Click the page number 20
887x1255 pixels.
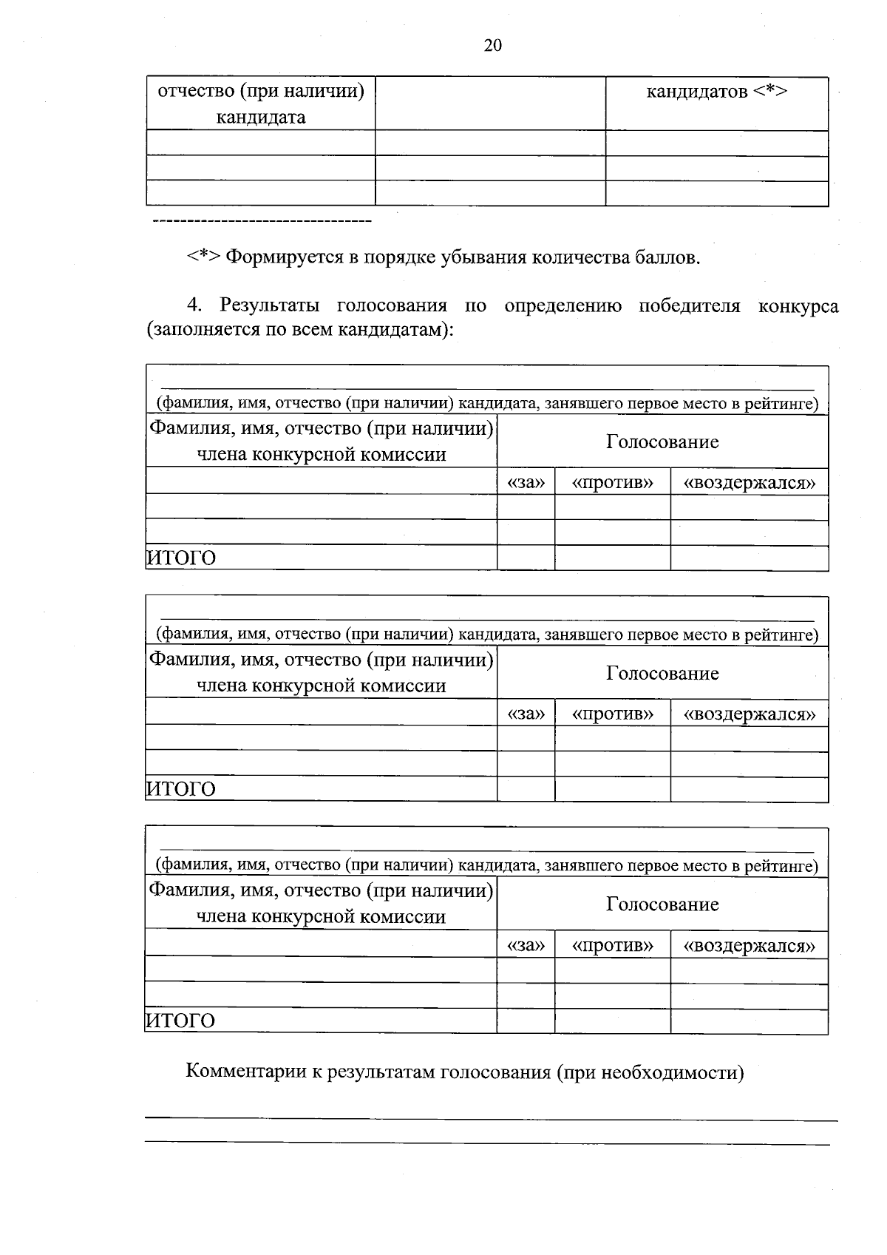(492, 46)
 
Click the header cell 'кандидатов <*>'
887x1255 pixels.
(716, 92)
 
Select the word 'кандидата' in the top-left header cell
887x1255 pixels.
(260, 117)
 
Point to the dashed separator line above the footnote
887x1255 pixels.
(261, 221)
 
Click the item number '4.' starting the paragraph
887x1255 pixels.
(194, 305)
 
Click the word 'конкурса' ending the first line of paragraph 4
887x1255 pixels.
(798, 305)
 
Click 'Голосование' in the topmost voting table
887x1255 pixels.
(662, 442)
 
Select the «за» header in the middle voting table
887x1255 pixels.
(526, 714)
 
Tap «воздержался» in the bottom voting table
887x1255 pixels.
(749, 945)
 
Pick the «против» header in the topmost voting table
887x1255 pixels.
(612, 482)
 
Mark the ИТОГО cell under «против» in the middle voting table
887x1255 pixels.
(612, 788)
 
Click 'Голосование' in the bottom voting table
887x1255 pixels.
(662, 904)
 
